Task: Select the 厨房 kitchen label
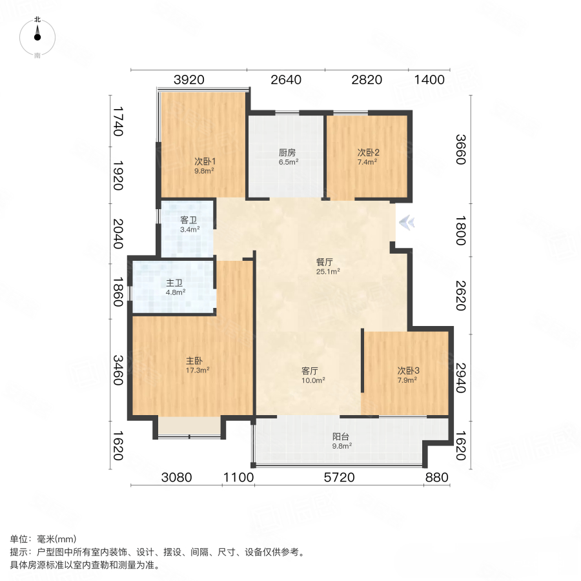[287, 153]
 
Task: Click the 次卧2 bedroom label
[369, 153]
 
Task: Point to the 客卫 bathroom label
[189, 220]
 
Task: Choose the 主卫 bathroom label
[175, 283]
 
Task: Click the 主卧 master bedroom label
[196, 362]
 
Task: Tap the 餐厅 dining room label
[324, 263]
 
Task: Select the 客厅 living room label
[311, 371]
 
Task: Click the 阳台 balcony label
[341, 436]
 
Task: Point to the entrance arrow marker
[407, 223]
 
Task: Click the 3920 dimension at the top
[189, 80]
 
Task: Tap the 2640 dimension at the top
[286, 80]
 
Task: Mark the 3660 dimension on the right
[460, 150]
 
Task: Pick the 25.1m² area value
[328, 272]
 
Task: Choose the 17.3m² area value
[198, 371]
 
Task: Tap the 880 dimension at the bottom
[437, 478]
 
